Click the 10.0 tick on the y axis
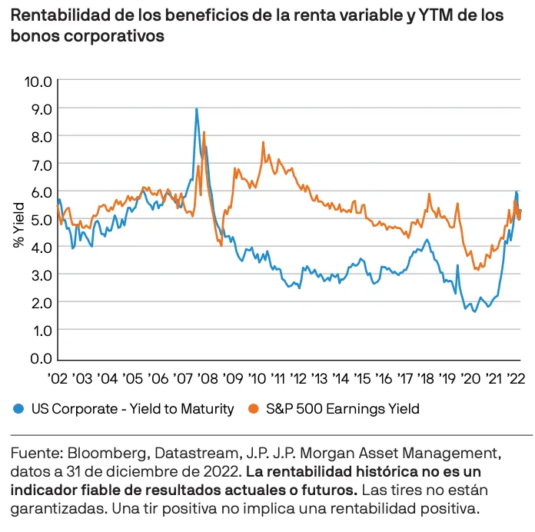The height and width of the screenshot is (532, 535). pos(38,81)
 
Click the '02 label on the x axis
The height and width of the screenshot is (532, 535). pos(58,379)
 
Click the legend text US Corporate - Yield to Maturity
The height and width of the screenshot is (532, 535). pos(131,409)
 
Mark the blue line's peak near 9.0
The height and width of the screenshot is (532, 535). pos(197,109)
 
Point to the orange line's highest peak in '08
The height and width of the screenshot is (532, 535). pos(204,132)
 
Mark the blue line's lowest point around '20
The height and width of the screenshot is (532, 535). pos(474,311)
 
